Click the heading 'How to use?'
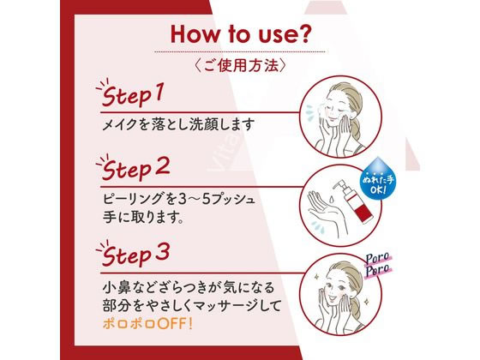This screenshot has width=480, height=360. tap(239, 35)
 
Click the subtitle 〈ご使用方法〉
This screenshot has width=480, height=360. tap(240, 65)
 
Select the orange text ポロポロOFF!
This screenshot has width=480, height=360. tap(147, 324)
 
